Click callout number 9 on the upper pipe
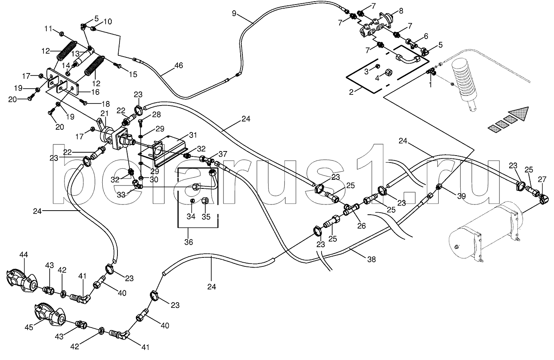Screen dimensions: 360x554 (234, 14)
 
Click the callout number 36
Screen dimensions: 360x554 (188, 242)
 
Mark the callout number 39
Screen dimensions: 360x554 (462, 196)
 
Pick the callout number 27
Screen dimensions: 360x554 (543, 179)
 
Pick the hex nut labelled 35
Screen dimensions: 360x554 (206, 200)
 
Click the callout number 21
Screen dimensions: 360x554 (104, 113)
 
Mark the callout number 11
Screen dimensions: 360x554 (48, 29)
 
